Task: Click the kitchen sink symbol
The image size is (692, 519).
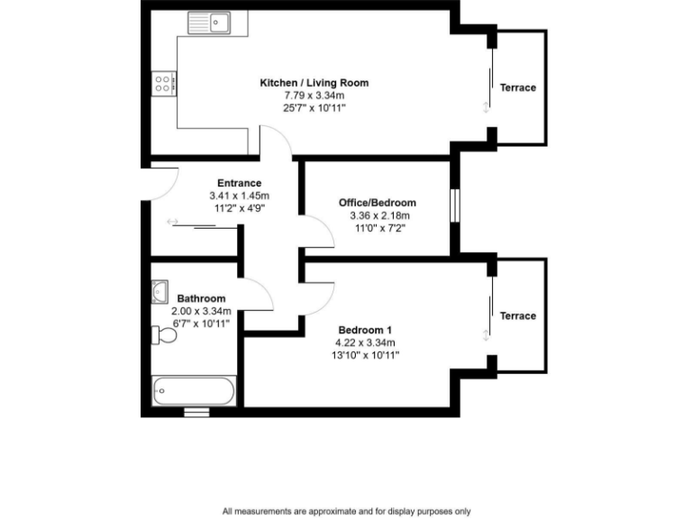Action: pos(209,22)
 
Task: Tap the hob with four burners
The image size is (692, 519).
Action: pos(164,85)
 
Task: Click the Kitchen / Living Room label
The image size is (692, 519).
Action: pos(314,83)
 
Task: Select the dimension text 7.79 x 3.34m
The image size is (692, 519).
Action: pos(314,95)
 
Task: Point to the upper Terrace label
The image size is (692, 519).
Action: pos(518,87)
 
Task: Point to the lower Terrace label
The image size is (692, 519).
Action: pos(518,316)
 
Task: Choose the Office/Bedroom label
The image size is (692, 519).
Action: pos(378,203)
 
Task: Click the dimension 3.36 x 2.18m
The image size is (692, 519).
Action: pos(378,216)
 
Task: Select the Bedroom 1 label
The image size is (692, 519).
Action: pos(366,329)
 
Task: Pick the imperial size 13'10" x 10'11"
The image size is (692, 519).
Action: pos(366,355)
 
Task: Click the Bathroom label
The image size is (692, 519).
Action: pos(201,299)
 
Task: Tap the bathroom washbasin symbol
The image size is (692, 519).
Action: pos(160,291)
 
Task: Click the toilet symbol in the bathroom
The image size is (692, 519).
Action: pos(165,336)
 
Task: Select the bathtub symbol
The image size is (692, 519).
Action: pos(195,391)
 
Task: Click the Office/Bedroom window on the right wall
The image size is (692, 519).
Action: pos(455,204)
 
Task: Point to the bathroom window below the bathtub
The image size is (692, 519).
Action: pos(196,413)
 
